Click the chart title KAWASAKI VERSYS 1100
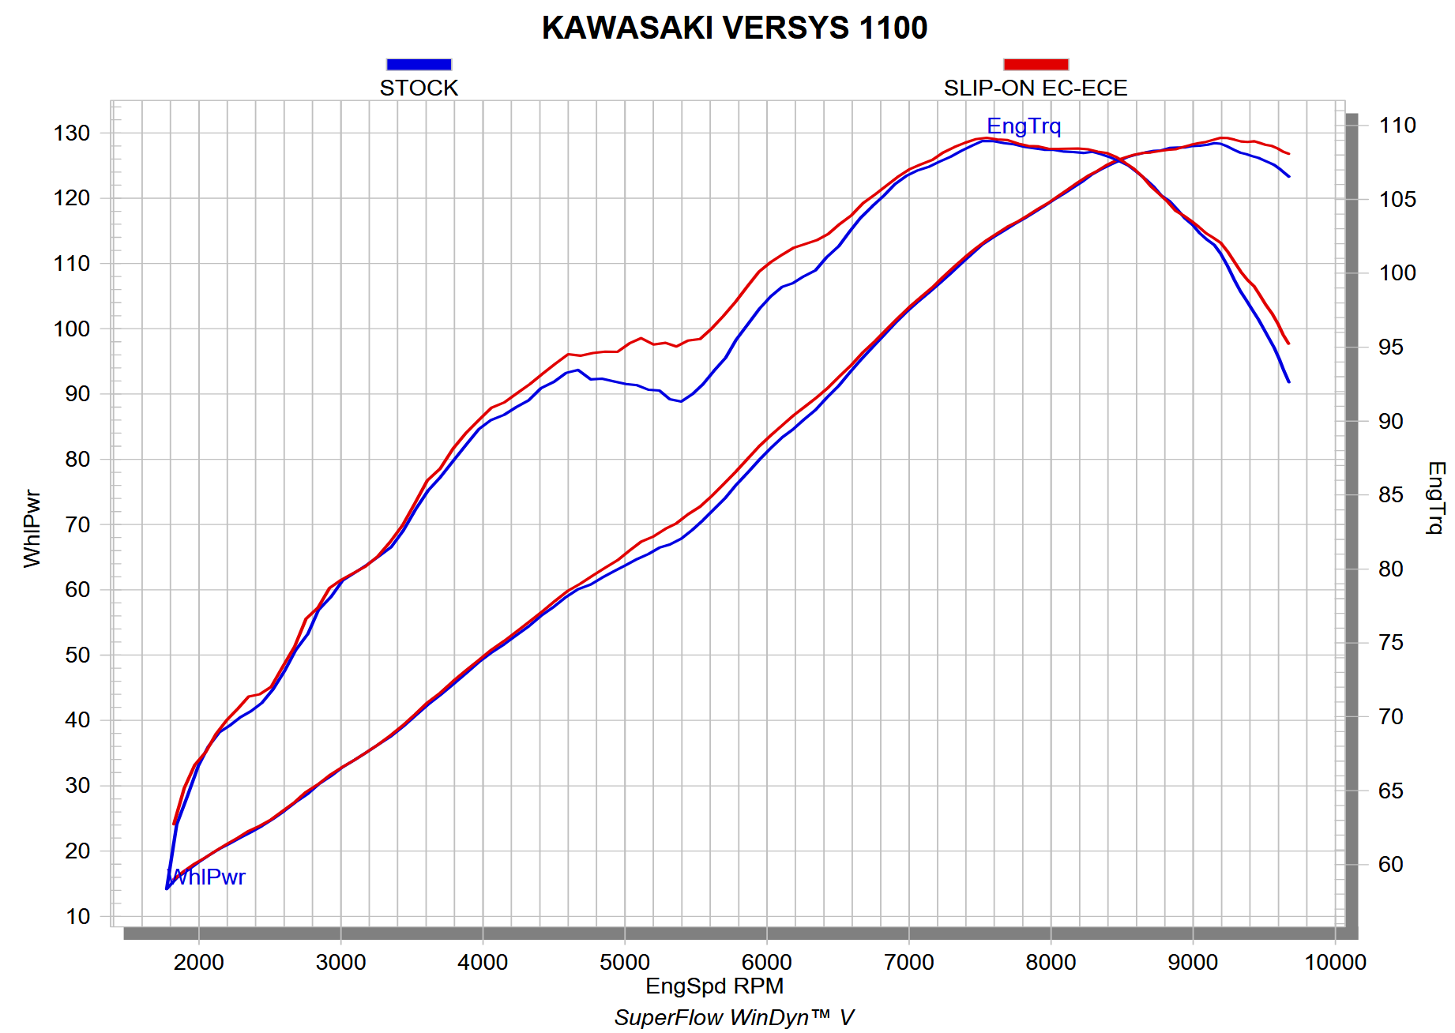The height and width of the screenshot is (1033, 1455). (x=734, y=28)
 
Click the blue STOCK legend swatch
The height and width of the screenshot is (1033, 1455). (x=419, y=65)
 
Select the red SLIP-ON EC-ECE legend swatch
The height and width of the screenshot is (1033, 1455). (x=1036, y=65)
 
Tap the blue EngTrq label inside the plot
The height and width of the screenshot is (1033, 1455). (x=1024, y=126)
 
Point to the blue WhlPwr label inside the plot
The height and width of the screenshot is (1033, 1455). (x=207, y=877)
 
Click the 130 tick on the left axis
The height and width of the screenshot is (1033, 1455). (x=72, y=133)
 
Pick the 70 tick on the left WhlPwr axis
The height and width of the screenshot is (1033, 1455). (x=77, y=524)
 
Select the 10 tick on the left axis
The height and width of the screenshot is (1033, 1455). (x=77, y=917)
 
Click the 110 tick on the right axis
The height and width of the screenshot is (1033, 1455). (x=1397, y=126)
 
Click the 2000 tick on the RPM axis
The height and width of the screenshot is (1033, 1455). (x=199, y=963)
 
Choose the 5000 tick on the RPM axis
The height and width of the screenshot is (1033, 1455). (x=625, y=963)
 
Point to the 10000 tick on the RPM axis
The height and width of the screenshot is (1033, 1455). (x=1335, y=963)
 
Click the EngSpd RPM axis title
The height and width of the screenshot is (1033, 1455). (x=714, y=986)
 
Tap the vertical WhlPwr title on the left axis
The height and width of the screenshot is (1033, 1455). (x=32, y=528)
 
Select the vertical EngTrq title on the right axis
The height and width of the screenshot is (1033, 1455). (x=1435, y=498)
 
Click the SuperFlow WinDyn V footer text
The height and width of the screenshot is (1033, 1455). (x=734, y=1018)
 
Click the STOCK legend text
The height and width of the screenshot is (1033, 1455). (x=419, y=88)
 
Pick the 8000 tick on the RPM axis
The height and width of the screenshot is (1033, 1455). (x=1051, y=963)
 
